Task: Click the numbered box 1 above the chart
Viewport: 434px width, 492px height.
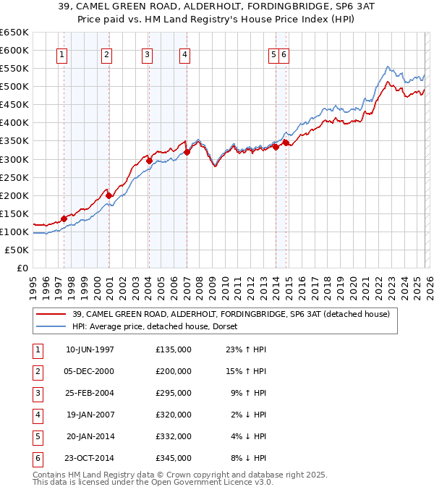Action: click(x=61, y=54)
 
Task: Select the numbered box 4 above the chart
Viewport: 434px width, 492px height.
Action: click(x=185, y=54)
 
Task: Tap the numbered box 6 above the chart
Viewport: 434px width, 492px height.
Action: click(x=284, y=54)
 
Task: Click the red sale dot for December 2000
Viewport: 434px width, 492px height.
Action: click(x=109, y=195)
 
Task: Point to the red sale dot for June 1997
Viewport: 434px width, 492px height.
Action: click(x=64, y=219)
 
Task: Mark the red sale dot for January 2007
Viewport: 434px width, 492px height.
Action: click(x=187, y=152)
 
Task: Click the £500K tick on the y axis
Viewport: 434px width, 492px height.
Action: click(x=14, y=87)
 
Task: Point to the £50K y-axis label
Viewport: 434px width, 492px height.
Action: click(x=17, y=250)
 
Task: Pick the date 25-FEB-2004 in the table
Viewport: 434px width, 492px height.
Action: click(x=90, y=393)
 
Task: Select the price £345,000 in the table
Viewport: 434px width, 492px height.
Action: click(x=174, y=458)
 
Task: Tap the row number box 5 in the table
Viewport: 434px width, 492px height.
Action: click(x=35, y=436)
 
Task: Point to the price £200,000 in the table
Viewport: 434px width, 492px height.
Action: click(x=174, y=371)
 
